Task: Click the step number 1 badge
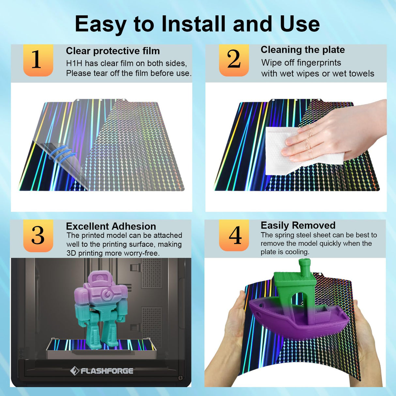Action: point(38,60)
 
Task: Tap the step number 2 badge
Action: point(234,60)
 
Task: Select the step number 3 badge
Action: point(38,236)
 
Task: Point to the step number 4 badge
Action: point(234,235)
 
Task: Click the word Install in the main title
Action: point(194,24)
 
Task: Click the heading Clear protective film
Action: point(113,51)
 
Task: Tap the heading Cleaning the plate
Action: point(303,50)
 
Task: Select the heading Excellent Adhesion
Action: point(111,226)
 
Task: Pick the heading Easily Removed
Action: point(298,225)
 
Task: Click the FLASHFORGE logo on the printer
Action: point(101,371)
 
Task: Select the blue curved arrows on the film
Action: point(63,155)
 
